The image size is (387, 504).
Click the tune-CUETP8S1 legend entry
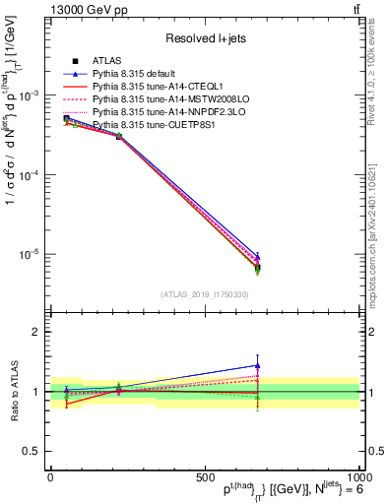tap(145, 125)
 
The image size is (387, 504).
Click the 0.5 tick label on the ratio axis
tap(31, 451)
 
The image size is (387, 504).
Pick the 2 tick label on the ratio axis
tap(35, 333)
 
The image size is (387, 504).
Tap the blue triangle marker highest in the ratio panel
tap(257, 365)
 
